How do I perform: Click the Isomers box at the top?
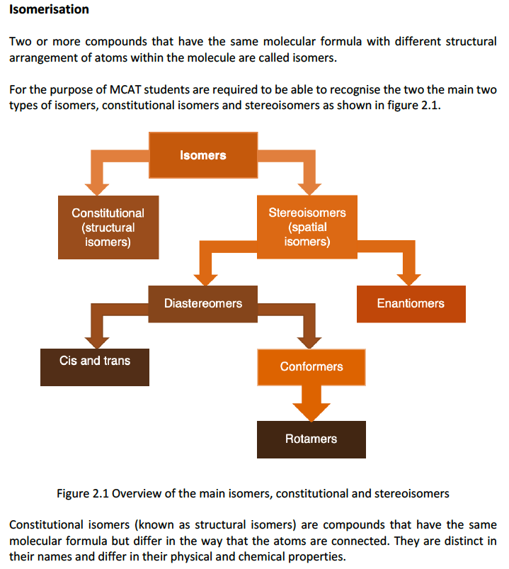[x=202, y=155]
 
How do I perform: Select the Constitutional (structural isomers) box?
[x=108, y=227]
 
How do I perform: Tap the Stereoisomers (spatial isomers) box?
[x=307, y=227]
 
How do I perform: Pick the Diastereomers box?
[x=202, y=303]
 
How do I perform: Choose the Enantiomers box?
[x=411, y=303]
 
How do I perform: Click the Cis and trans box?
[x=94, y=365]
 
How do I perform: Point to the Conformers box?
[x=311, y=366]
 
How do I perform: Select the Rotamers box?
[x=311, y=439]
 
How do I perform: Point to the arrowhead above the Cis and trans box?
[x=94, y=339]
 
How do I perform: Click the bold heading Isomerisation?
[x=49, y=10]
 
